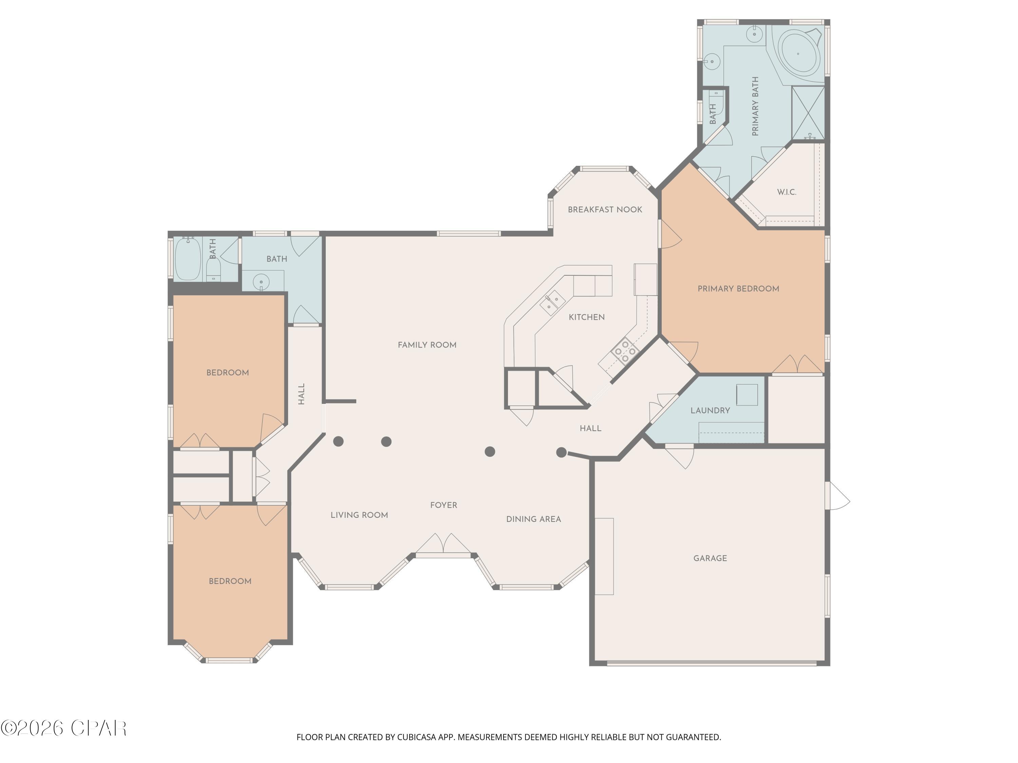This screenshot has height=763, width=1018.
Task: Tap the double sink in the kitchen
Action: click(552, 303)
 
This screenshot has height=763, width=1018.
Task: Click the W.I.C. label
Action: click(787, 192)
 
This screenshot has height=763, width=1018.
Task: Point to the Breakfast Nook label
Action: click(605, 210)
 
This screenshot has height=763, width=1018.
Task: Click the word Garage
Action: click(710, 558)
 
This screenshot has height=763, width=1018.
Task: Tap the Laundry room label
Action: click(710, 411)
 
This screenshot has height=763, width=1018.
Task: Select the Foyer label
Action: click(443, 505)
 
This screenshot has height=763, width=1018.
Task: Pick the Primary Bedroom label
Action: click(738, 289)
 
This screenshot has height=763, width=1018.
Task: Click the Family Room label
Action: click(427, 345)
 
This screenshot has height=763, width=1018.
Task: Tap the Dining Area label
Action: click(533, 519)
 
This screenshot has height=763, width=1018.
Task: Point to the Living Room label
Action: click(359, 515)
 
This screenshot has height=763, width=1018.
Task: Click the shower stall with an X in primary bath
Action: click(808, 113)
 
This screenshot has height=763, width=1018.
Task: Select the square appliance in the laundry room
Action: click(747, 395)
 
